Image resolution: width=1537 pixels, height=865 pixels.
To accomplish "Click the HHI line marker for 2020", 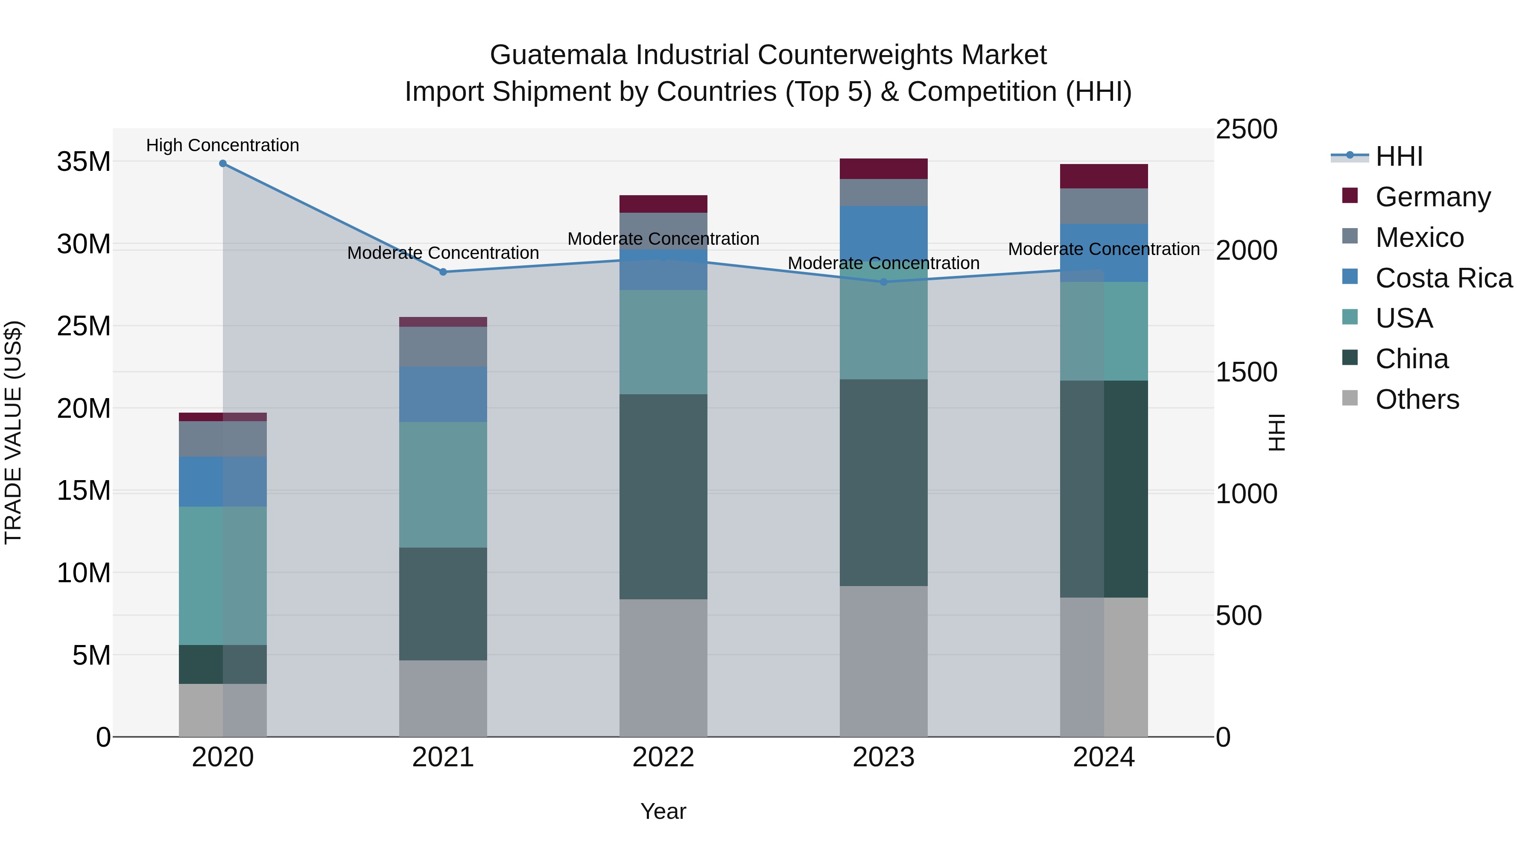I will pos(222,164).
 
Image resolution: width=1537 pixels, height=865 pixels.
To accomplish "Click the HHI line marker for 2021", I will pos(443,272).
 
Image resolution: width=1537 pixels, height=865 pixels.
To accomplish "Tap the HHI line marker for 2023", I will pos(884,282).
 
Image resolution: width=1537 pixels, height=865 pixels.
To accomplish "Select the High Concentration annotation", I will pos(222,146).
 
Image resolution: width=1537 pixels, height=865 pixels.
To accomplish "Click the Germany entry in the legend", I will pos(1432,197).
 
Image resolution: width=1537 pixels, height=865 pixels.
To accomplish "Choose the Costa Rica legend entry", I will pos(1443,278).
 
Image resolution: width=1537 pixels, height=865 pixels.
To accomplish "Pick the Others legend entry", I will pos(1417,399).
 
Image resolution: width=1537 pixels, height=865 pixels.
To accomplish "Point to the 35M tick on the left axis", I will pos(84,162).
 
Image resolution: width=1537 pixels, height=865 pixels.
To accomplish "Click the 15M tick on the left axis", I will pos(84,491).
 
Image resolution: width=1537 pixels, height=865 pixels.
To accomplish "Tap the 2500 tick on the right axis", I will pos(1246,129).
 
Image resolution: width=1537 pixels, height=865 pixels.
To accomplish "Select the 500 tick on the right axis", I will pos(1239,616).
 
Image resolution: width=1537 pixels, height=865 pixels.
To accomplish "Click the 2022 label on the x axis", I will pos(663,757).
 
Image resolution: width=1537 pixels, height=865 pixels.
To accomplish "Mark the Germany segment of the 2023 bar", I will pos(884,169).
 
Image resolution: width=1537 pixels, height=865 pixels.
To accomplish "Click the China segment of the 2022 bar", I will pos(663,497).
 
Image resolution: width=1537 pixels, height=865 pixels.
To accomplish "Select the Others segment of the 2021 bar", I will pos(443,698).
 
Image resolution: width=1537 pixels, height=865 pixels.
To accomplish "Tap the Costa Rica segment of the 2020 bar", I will pos(222,482).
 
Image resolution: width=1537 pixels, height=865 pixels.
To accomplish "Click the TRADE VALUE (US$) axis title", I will pos(13,432).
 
